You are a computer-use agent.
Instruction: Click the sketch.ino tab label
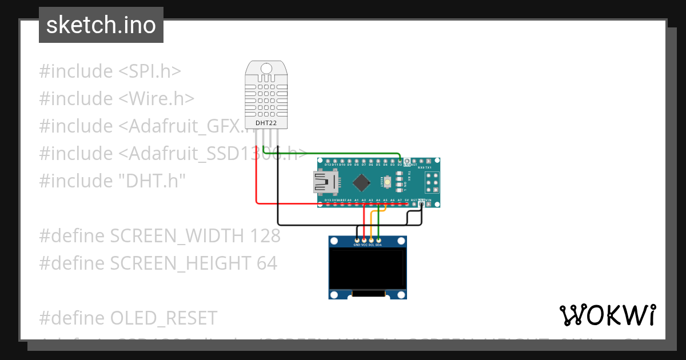pyautogui.click(x=101, y=25)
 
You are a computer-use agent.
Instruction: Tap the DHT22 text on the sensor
pyautogui.click(x=262, y=122)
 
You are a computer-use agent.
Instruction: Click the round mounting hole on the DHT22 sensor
pyautogui.click(x=267, y=69)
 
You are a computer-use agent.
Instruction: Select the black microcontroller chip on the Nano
pyautogui.click(x=361, y=182)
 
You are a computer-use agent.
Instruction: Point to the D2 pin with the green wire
pyautogui.click(x=400, y=162)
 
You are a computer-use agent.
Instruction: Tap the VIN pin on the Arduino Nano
pyautogui.click(x=428, y=203)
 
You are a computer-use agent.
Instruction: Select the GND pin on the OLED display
pyautogui.click(x=357, y=241)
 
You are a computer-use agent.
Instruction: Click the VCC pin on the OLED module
pyautogui.click(x=364, y=241)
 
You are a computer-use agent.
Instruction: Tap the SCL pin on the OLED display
pyautogui.click(x=372, y=241)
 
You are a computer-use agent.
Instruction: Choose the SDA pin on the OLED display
pyautogui.click(x=378, y=241)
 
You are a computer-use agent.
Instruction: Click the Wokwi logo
pyautogui.click(x=607, y=315)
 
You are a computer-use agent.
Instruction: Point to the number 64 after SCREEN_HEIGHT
pyautogui.click(x=266, y=263)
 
